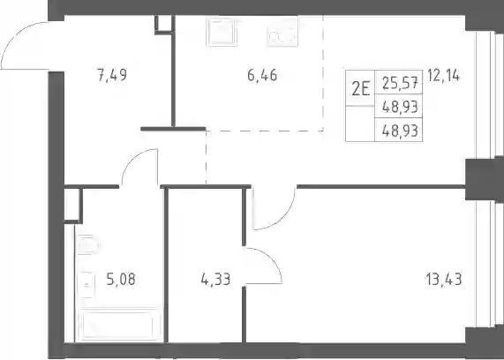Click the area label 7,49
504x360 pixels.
coord(112,76)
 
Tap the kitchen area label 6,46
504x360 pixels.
coord(262,76)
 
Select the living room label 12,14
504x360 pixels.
coord(444,76)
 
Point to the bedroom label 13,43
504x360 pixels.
coord(444,279)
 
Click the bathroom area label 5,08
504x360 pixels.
coord(121,279)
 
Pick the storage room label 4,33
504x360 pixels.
coord(215,279)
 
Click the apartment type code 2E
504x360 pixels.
coord(360,88)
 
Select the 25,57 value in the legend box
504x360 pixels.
coord(401,83)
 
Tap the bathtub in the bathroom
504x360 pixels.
coord(118,325)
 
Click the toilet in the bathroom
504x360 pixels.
coord(87,245)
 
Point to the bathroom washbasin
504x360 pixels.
coord(87,285)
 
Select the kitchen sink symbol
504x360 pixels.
coord(282,32)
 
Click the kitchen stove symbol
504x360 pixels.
coord(222,32)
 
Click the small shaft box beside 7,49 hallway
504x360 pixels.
coord(164,24)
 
